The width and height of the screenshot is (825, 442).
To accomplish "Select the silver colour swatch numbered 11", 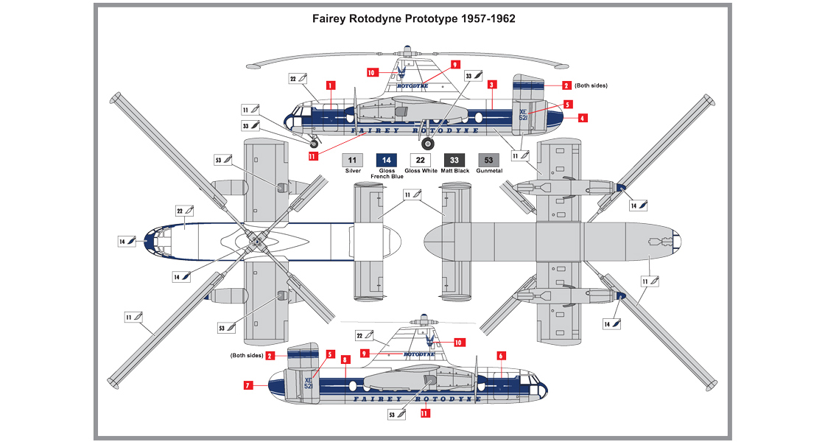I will tap(352, 159).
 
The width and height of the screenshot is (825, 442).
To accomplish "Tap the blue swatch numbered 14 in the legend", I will tap(387, 159).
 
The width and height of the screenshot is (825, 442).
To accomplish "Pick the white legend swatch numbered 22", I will tap(421, 159).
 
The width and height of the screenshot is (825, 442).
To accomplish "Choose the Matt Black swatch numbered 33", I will tap(454, 159).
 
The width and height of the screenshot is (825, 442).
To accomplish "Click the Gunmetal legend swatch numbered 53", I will tap(488, 159).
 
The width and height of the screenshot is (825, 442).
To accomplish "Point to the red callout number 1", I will tap(331, 85).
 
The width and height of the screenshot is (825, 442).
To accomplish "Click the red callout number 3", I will tap(490, 85).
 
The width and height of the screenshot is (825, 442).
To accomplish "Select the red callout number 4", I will tap(582, 117).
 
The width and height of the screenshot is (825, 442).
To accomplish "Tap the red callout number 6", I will tap(501, 356).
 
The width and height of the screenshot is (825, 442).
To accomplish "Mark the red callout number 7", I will tap(249, 384).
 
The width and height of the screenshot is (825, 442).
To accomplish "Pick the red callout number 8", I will tap(345, 359).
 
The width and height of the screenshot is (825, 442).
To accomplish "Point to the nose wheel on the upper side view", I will tap(314, 144).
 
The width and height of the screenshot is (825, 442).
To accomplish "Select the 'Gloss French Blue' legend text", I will tap(387, 174).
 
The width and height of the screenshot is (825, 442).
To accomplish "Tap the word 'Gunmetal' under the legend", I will tap(488, 171).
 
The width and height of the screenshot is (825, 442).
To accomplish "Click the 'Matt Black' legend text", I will tap(454, 171).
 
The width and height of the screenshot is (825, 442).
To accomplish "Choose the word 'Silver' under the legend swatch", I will tap(352, 171).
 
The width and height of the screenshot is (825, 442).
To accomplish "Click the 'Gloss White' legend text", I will tap(421, 171).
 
